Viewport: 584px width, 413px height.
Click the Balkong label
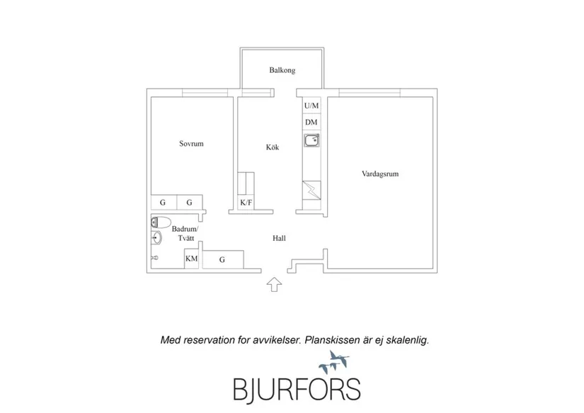coord(282,70)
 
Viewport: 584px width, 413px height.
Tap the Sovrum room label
coord(191,144)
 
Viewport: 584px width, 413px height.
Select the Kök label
coord(273,147)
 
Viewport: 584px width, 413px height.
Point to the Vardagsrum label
coord(380,174)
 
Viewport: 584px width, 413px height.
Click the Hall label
coord(279,238)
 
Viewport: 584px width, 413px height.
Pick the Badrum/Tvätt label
coord(185,233)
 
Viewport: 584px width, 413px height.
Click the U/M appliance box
coord(311,106)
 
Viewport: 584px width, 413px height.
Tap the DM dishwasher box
coord(311,122)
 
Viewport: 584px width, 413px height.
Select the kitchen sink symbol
coord(311,140)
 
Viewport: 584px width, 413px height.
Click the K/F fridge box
coord(246,203)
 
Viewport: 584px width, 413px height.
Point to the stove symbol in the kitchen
coord(311,190)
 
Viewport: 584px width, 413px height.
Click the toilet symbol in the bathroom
coord(161,222)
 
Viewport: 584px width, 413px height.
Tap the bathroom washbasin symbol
coord(157,237)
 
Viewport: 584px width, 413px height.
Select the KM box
coord(191,259)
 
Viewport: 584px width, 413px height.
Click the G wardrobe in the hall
coord(223,259)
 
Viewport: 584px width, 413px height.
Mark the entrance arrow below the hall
coord(274,284)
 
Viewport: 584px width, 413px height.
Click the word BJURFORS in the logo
coord(297,389)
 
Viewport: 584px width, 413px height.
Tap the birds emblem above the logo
coord(333,362)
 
